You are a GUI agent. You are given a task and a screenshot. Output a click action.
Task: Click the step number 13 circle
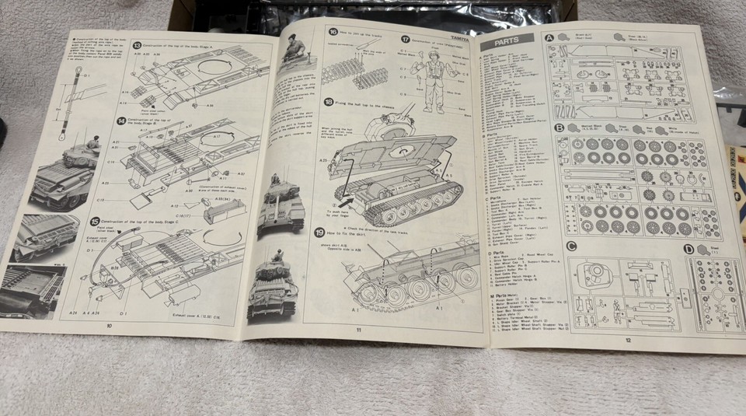point(136,47)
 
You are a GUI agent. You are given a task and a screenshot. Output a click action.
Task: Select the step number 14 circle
point(121,121)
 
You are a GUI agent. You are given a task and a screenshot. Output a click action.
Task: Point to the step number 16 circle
point(333,33)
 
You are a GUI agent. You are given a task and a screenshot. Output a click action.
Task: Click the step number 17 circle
point(406,39)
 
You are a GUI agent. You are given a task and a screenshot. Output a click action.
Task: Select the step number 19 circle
point(319,232)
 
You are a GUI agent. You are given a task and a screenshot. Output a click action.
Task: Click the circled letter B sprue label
point(559,128)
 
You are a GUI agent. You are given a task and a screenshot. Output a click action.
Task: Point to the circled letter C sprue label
point(571,247)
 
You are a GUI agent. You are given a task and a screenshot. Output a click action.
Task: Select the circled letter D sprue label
point(688,250)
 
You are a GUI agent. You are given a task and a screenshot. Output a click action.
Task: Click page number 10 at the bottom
point(109,325)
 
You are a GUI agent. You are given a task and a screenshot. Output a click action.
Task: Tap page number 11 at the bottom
point(358,329)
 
